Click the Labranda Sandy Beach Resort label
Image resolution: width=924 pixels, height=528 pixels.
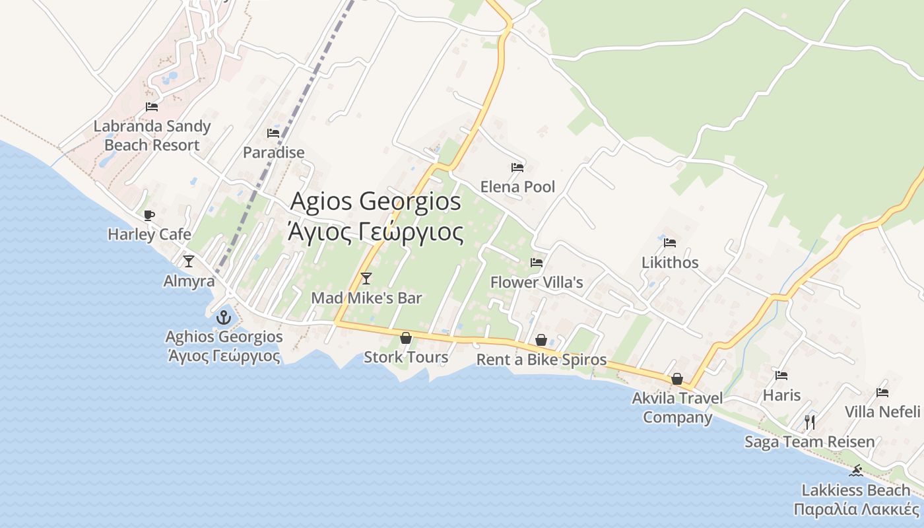[x=152, y=135]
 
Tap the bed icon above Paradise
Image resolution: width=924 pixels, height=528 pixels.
[x=273, y=133]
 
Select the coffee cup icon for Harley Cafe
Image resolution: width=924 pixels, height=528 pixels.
[x=149, y=215]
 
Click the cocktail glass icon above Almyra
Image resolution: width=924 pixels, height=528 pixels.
[x=189, y=261]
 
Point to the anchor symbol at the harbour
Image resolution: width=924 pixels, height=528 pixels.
[x=224, y=317]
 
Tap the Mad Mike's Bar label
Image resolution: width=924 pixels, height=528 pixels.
[x=366, y=298]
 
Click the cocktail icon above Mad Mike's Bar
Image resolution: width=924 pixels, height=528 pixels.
[x=366, y=279]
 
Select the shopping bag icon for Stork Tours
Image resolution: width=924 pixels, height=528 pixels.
[x=406, y=338]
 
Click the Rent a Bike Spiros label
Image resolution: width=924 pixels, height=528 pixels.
[x=541, y=360]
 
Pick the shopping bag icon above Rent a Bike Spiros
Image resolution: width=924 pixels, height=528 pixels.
[x=541, y=340]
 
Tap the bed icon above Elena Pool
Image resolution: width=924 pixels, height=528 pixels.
[x=517, y=168]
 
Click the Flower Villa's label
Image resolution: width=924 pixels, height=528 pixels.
[x=537, y=282]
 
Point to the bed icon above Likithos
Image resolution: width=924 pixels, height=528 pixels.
[x=670, y=243]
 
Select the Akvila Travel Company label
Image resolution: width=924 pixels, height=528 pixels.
[x=677, y=408]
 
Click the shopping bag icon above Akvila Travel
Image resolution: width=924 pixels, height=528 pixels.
[x=677, y=379]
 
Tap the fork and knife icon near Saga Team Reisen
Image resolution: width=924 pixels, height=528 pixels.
[x=810, y=422]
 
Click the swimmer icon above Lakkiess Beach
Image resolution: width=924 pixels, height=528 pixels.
[x=857, y=471]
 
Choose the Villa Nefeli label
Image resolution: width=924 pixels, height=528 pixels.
[x=882, y=412]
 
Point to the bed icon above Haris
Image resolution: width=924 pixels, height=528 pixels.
[x=781, y=376]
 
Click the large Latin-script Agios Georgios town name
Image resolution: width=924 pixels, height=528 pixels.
[x=376, y=201]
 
